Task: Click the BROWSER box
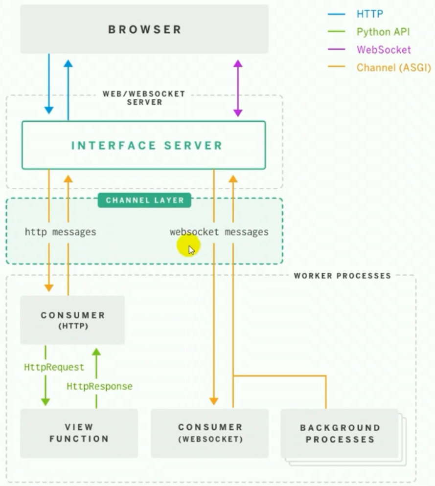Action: pos(144,29)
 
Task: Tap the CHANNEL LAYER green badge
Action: pos(144,200)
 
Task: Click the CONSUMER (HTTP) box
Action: pos(72,320)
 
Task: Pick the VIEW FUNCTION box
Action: pos(79,433)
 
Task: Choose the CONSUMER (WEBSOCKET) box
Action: pos(210,433)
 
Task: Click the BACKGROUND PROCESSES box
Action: pos(340,433)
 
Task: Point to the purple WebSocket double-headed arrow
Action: pos(238,88)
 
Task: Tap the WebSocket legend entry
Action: pos(384,50)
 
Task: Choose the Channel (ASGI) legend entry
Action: pos(393,67)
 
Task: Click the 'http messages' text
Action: pos(60,232)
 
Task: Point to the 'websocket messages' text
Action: pos(219,232)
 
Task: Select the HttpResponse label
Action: pos(99,386)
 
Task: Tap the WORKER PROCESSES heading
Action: pos(342,276)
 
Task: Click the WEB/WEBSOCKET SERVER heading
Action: pos(144,98)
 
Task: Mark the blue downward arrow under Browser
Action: pos(49,83)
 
